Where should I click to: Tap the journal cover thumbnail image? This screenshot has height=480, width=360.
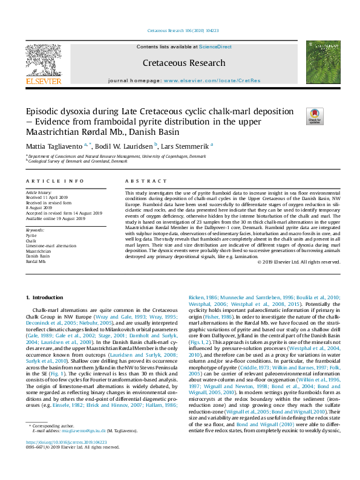pyautogui.click(x=322, y=62)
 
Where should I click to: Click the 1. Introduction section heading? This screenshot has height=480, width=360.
pyautogui.click(x=46, y=297)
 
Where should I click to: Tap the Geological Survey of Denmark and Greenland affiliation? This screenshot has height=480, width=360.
pyautogui.click(x=77, y=161)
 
